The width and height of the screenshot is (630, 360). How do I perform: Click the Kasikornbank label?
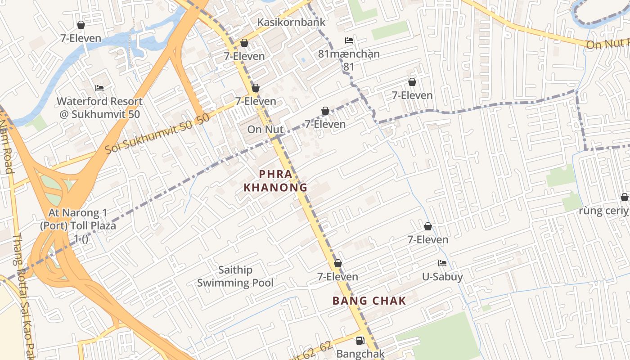(291, 22)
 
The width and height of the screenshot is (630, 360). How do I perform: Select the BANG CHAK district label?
(369, 301)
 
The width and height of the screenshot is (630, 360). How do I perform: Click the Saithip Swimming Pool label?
(235, 276)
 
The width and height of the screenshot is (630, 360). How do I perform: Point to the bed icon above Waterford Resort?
(99, 88)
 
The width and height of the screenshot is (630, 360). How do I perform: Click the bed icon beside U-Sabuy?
(442, 263)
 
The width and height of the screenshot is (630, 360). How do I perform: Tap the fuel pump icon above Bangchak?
(360, 341)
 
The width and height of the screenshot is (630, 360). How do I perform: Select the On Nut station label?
(265, 130)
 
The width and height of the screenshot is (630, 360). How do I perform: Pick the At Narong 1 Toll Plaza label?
(78, 219)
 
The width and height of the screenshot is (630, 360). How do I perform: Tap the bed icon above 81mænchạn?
(349, 40)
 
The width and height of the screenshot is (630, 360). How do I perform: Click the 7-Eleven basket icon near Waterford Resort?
(81, 25)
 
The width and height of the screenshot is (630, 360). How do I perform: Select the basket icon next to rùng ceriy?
(624, 197)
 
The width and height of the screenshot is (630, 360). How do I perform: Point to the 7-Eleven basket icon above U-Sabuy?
(427, 226)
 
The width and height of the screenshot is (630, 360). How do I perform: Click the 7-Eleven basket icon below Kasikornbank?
(244, 43)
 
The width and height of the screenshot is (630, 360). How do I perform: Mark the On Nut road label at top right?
(607, 44)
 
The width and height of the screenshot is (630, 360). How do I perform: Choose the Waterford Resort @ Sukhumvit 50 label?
(99, 108)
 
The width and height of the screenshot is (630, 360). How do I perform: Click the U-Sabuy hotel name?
(442, 277)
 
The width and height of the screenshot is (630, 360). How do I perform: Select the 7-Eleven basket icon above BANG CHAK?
(337, 263)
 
